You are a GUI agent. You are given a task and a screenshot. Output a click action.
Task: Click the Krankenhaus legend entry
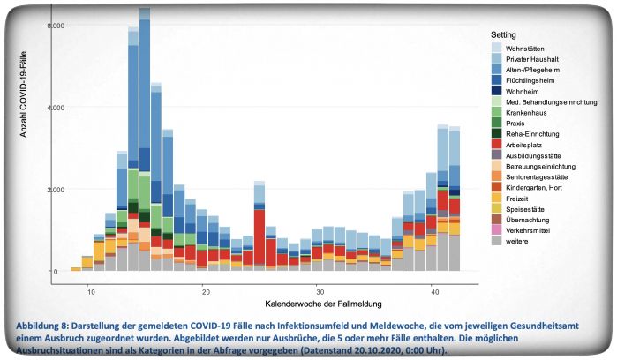[529, 112]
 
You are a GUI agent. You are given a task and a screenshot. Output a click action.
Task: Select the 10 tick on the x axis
[91, 290]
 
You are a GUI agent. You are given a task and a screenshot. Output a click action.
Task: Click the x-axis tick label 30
[319, 290]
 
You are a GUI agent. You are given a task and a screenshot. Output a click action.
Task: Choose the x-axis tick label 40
[433, 290]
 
